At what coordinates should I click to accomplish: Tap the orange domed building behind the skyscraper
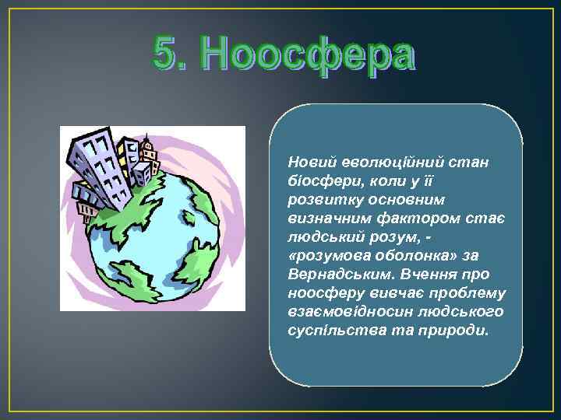[146, 148]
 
